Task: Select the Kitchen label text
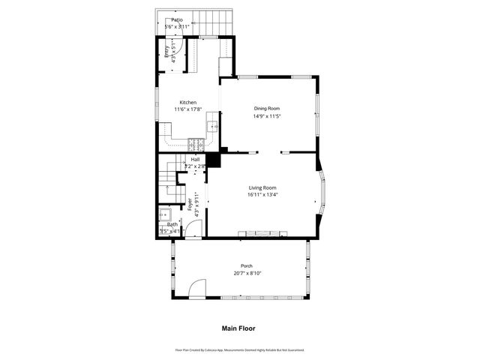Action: tap(188, 103)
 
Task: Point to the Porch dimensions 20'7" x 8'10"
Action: tap(246, 274)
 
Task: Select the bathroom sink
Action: tap(165, 214)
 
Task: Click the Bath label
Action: tap(172, 224)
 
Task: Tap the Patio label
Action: tap(177, 20)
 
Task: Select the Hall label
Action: tap(195, 160)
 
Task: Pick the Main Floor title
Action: tap(238, 328)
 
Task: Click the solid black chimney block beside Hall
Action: tap(213, 160)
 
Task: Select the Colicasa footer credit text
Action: tap(240, 350)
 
